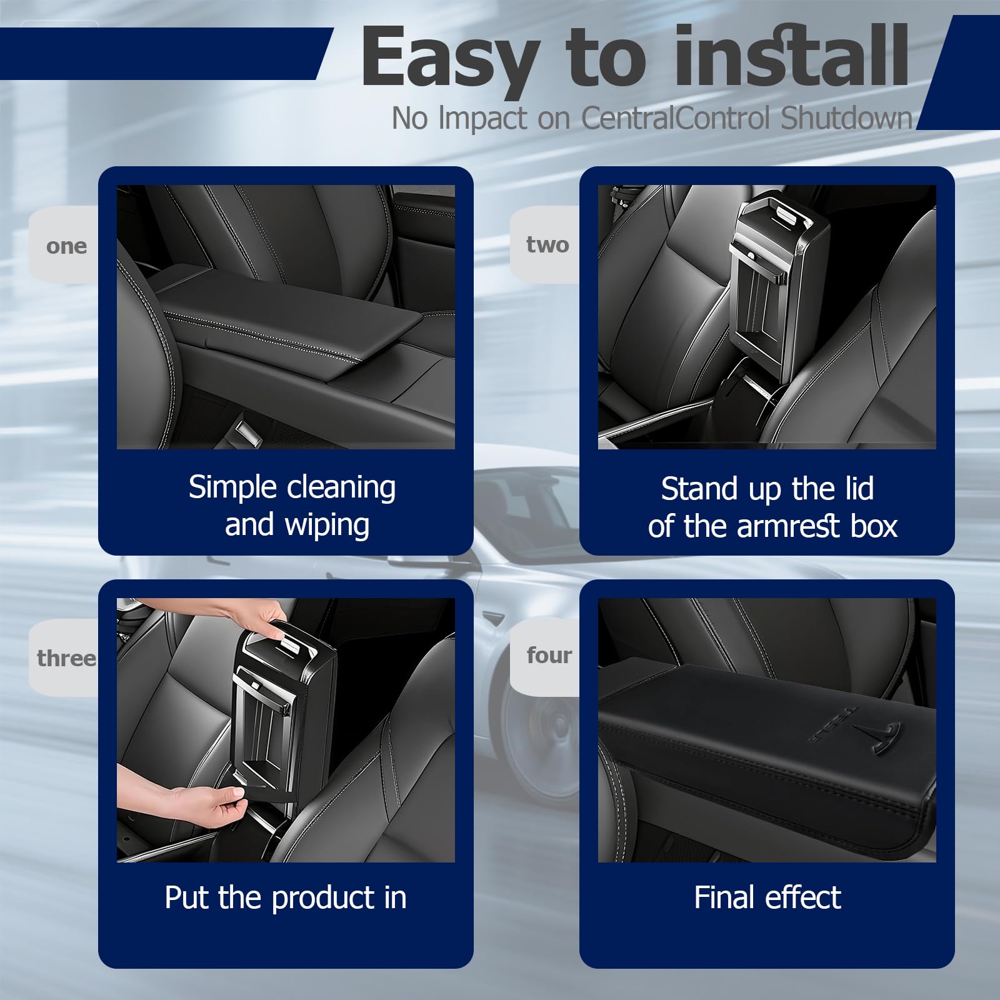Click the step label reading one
pos(66,246)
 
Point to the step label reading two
pos(547,244)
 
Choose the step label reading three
pos(66,658)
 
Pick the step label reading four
pos(549,656)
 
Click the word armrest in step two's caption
pos(789,527)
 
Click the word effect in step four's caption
pos(804,897)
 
